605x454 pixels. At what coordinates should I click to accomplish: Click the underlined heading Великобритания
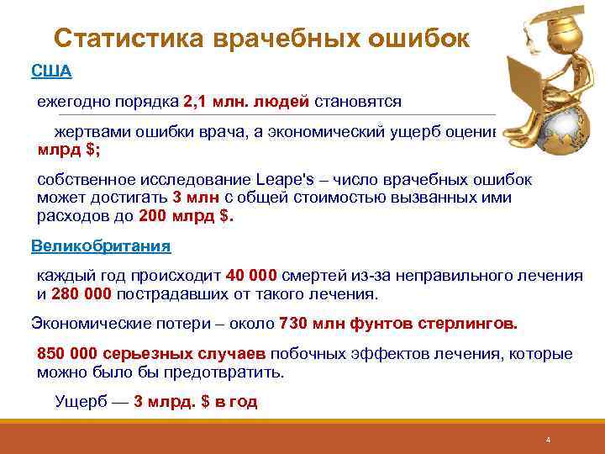point(101,246)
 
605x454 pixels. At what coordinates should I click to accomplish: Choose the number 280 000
point(82,293)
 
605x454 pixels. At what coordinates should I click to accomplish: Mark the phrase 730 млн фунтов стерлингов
point(398,323)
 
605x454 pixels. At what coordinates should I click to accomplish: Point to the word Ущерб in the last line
point(81,401)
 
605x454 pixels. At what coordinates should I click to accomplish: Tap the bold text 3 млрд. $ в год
point(196,401)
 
